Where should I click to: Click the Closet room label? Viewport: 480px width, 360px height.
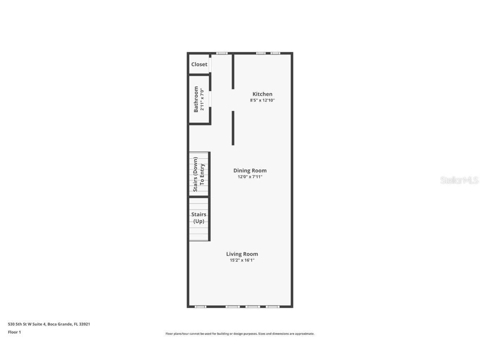[x=199, y=65]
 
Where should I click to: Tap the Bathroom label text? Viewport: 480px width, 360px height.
[x=196, y=99]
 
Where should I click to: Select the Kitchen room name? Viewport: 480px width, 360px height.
[x=262, y=94]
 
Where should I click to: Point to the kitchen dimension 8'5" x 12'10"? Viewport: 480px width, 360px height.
[x=262, y=100]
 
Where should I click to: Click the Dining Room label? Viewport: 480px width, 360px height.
[x=250, y=170]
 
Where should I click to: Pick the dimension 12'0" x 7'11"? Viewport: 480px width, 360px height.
[x=250, y=177]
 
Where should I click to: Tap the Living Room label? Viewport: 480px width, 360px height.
[x=242, y=254]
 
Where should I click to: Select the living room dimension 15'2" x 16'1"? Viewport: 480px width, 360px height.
[x=242, y=260]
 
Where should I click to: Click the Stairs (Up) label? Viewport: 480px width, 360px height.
[x=199, y=218]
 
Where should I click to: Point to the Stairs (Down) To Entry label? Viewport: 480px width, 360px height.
[x=199, y=174]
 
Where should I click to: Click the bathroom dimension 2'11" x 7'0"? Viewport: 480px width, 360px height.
[x=202, y=99]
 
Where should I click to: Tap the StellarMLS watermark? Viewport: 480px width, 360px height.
[x=459, y=180]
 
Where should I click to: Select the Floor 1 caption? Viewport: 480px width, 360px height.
[x=14, y=332]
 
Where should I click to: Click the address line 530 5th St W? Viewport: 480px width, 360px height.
[x=49, y=324]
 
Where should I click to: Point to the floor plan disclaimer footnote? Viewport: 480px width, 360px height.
[x=240, y=334]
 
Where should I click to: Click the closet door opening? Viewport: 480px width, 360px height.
[x=210, y=65]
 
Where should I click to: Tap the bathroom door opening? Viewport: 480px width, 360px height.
[x=210, y=99]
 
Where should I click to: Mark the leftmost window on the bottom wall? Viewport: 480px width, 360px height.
[x=200, y=307]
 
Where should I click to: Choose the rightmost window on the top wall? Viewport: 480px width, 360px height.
[x=275, y=53]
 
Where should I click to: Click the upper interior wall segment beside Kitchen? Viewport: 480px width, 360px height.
[x=233, y=71]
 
